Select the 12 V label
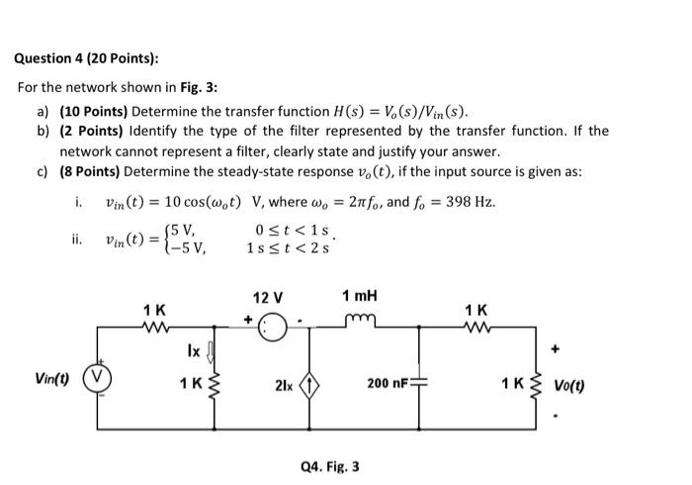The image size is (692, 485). [x=269, y=297]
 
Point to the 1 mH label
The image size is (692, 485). [x=359, y=296]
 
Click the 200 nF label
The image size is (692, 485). [x=389, y=381]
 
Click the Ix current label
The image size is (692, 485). [x=194, y=349]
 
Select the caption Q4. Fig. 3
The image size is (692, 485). [x=329, y=464]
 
